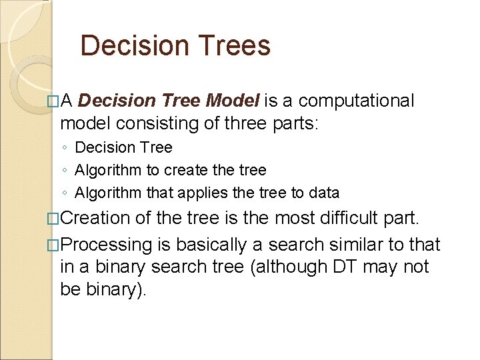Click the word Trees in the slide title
pyautogui.click(x=235, y=46)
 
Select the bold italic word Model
pyautogui.click(x=234, y=101)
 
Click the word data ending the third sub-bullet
pyautogui.click(x=324, y=193)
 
